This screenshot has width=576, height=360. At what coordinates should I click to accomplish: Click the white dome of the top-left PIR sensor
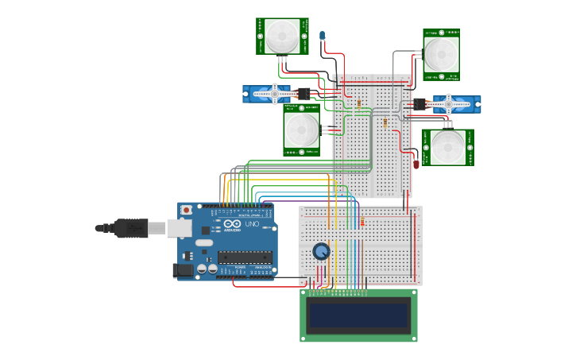[282, 35]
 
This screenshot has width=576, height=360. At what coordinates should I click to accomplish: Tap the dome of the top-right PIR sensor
[440, 54]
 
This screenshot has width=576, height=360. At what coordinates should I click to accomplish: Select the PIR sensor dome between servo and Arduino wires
[301, 130]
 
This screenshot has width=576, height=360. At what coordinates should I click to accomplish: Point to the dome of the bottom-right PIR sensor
[448, 147]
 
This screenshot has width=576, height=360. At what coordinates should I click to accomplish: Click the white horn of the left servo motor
[275, 94]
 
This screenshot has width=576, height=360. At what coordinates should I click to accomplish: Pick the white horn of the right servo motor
[449, 103]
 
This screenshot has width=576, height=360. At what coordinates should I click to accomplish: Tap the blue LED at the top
[322, 36]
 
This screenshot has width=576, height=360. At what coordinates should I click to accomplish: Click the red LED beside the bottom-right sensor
[416, 164]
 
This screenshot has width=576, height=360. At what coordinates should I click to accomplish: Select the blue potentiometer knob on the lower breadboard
[321, 252]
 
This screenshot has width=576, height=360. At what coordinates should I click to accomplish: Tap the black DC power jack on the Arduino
[184, 270]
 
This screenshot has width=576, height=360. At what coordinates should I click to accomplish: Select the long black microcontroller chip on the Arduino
[245, 257]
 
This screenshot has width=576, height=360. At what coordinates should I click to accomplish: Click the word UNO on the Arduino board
[252, 225]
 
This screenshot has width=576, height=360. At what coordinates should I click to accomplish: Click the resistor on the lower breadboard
[362, 222]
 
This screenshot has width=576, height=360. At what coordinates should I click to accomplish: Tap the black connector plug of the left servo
[303, 94]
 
